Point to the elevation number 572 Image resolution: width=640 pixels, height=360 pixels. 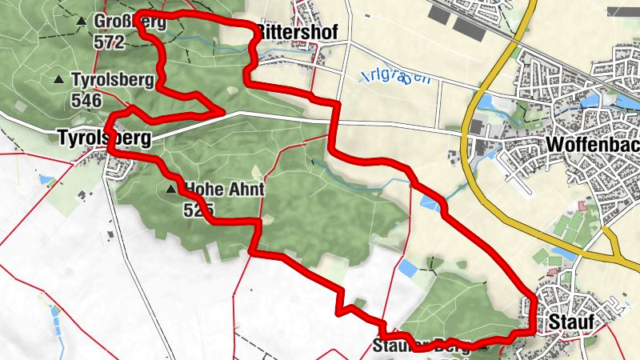pyautogui.click(x=110, y=42)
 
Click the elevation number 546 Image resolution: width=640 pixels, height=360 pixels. pyautogui.click(x=86, y=100)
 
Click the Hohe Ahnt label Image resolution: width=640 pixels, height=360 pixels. pyautogui.click(x=224, y=190)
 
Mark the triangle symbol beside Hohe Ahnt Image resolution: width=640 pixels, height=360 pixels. pyautogui.click(x=170, y=190)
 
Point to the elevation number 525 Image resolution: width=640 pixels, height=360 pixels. pyautogui.click(x=198, y=210)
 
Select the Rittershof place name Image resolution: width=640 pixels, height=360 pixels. pyautogui.click(x=296, y=32)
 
